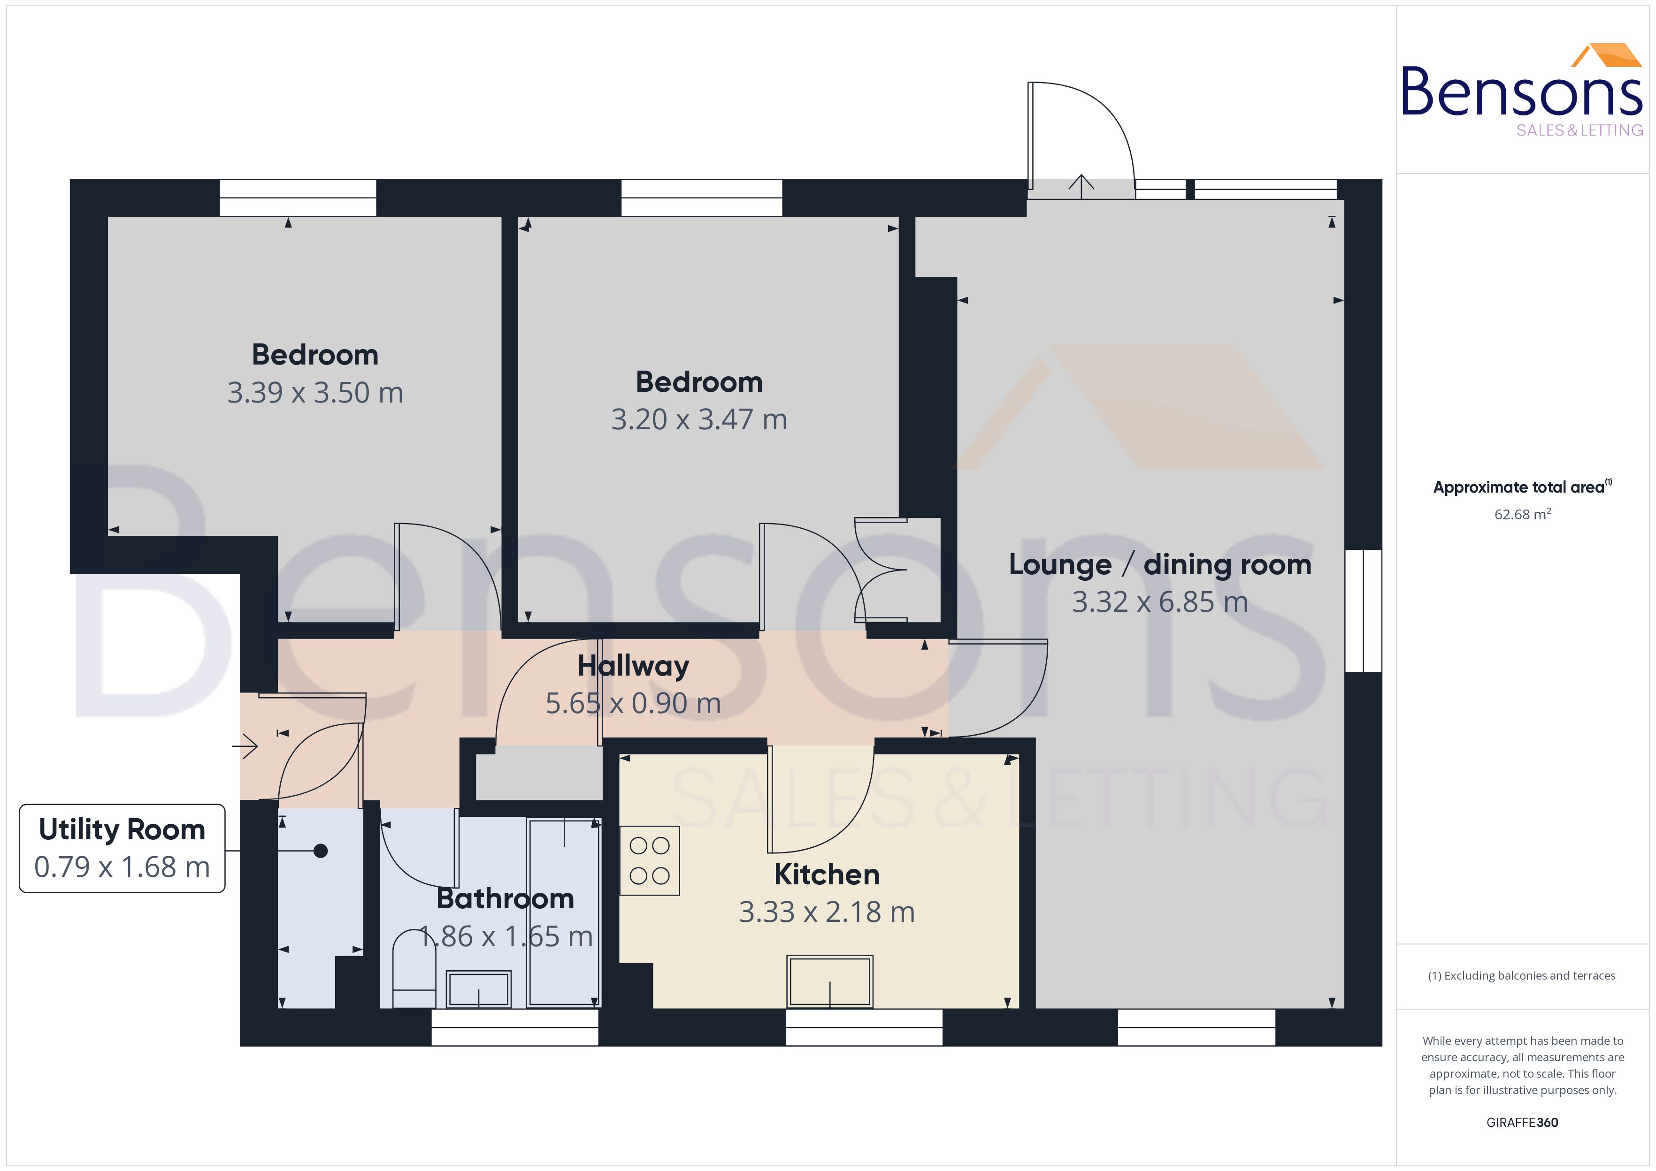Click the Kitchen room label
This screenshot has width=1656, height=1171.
[827, 874]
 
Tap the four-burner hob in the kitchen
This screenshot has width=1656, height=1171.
[649, 860]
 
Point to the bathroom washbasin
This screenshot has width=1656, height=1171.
[479, 988]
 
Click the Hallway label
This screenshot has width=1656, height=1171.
[633, 666]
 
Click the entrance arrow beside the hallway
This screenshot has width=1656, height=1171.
[245, 745]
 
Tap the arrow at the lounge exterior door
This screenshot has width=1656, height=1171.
[1081, 186]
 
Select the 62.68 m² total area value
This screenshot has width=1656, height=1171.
[1522, 514]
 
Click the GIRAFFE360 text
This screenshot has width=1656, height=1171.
[1522, 1122]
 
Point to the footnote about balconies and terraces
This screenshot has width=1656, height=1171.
[1522, 975]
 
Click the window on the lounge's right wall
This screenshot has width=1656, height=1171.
[1363, 611]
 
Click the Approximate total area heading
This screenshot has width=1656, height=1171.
[1519, 487]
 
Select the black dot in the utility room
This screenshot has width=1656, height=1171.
[321, 851]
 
